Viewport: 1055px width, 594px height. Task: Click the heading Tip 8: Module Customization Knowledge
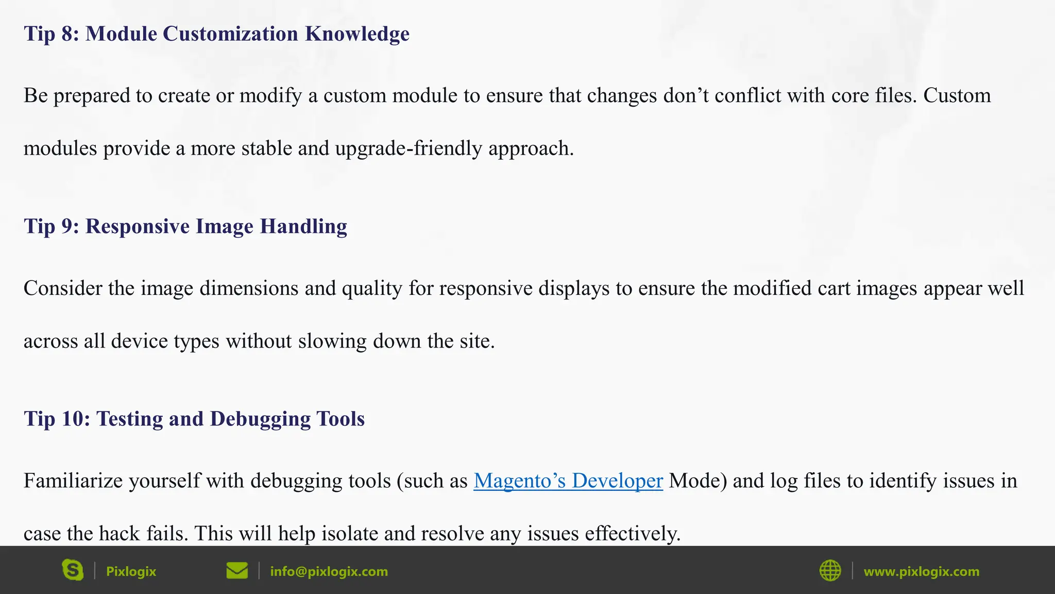point(216,34)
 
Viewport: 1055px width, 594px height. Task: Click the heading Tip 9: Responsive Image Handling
point(185,226)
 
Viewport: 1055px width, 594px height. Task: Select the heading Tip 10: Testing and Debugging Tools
point(194,419)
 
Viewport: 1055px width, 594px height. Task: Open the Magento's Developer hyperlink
point(568,481)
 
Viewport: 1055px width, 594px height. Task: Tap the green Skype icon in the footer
point(73,570)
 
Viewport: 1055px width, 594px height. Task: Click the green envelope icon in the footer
point(237,570)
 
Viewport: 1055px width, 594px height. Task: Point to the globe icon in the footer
point(830,570)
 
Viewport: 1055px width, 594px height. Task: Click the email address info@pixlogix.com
point(329,571)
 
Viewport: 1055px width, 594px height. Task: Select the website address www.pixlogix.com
point(921,571)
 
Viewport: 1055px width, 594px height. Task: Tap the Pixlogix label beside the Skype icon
point(131,571)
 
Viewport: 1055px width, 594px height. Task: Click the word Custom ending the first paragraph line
point(957,96)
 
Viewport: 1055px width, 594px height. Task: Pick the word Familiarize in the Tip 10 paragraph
point(73,481)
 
